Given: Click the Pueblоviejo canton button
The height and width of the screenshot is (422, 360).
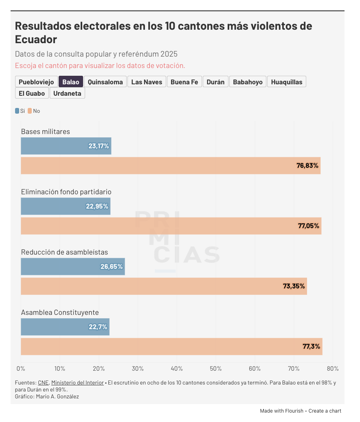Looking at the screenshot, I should [36, 82].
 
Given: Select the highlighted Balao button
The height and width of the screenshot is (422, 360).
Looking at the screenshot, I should [71, 82].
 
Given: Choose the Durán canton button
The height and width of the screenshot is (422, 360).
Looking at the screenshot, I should [215, 82].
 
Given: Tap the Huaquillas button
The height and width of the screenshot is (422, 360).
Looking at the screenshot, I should [287, 82].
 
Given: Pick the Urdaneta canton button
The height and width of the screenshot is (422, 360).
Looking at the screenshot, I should [67, 93].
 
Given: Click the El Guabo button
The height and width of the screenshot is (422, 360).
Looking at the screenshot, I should [32, 93].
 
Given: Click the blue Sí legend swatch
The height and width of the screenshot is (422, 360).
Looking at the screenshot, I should [17, 111].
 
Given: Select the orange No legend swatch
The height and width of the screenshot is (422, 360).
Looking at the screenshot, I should [30, 111].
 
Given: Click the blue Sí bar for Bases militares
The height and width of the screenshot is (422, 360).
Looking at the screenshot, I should [66, 146].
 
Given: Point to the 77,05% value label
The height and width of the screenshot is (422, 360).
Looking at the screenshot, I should [309, 226].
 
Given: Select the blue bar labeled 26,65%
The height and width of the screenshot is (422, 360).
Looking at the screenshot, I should [72, 266].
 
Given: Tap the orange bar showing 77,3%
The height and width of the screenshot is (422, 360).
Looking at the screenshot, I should [171, 346].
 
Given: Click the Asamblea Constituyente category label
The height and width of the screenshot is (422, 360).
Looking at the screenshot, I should [60, 312].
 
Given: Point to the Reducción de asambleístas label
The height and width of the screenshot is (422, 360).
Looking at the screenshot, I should [64, 252].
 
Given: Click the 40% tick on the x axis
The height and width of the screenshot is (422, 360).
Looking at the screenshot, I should [177, 369].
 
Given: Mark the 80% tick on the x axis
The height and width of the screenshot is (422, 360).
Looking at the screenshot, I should [333, 369].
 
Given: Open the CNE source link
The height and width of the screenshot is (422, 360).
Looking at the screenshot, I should [43, 382].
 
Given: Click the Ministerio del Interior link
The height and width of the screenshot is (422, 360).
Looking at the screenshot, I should [76, 382].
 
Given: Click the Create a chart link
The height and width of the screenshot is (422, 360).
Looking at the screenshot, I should [325, 411].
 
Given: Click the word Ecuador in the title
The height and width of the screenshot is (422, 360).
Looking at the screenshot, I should [36, 40].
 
